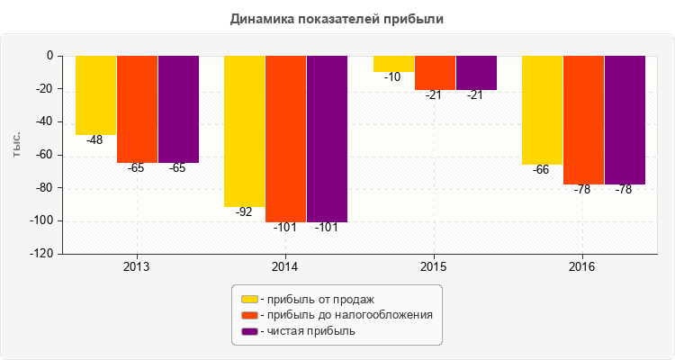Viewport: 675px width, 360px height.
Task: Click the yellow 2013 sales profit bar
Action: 95,94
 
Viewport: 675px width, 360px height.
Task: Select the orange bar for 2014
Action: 285,139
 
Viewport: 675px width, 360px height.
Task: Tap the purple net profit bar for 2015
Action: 476,73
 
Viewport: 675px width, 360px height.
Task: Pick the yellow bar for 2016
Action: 543,110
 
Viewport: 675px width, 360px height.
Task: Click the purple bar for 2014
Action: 327,139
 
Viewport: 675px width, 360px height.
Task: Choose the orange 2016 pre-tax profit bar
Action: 583,120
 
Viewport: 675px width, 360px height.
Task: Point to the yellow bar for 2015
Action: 393,64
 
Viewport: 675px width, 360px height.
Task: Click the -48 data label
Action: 94,140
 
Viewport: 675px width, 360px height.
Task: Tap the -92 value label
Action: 244,212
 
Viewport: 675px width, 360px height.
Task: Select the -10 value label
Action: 392,77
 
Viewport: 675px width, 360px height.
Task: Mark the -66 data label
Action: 541,170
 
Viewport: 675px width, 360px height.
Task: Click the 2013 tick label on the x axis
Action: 136,267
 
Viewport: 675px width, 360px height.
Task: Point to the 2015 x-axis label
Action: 434,267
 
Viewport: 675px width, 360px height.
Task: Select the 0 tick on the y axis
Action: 50,56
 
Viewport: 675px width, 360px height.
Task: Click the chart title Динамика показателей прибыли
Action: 337,18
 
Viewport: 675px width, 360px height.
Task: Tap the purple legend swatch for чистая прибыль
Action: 249,331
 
